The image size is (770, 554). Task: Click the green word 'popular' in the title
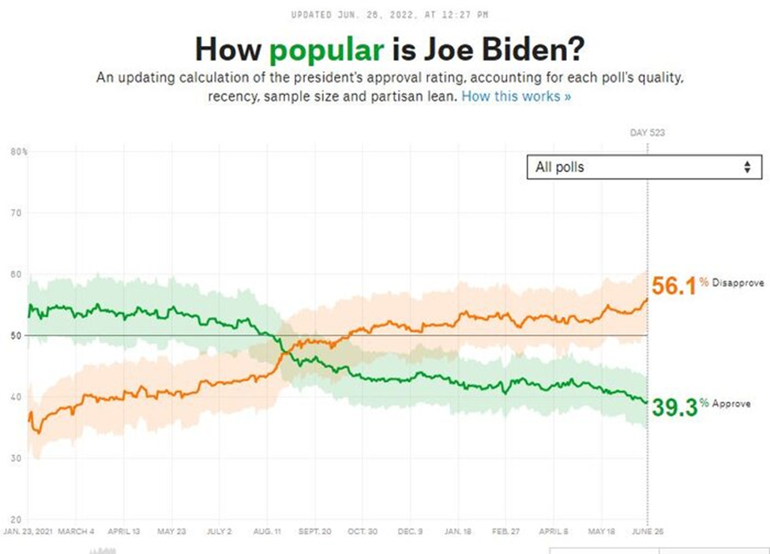pos(327,51)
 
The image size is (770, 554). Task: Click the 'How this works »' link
pos(516,96)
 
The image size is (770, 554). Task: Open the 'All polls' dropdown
pos(644,168)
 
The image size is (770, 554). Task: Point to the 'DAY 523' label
pos(647,133)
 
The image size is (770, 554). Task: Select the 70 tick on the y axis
pos(15,213)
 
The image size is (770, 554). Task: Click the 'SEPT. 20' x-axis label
pos(315,531)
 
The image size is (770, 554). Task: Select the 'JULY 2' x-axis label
pos(219,531)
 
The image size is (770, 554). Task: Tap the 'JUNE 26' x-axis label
pos(647,531)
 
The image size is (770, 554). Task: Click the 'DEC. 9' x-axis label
pos(411,531)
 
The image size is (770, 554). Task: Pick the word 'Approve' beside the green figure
pos(731,403)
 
